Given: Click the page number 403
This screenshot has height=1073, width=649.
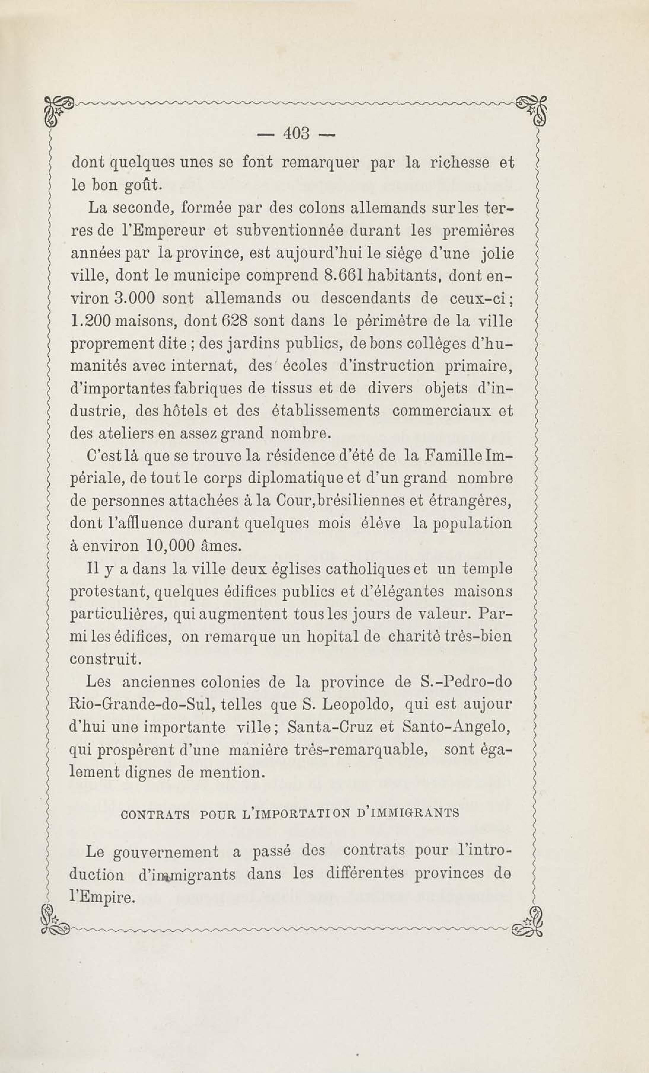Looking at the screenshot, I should tap(296, 134).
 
